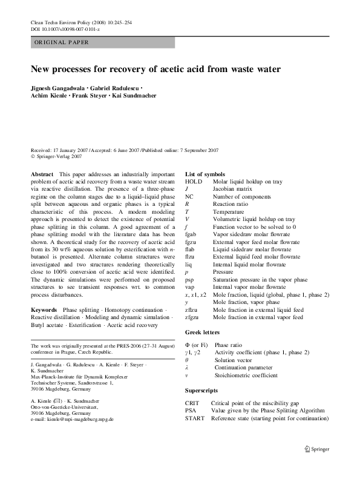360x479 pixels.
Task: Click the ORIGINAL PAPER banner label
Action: tap(61, 43)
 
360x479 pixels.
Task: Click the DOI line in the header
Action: tap(61, 28)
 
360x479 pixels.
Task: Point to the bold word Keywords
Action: tap(44, 309)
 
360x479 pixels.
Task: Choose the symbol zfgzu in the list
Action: tap(193, 317)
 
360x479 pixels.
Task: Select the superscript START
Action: tap(194, 417)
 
